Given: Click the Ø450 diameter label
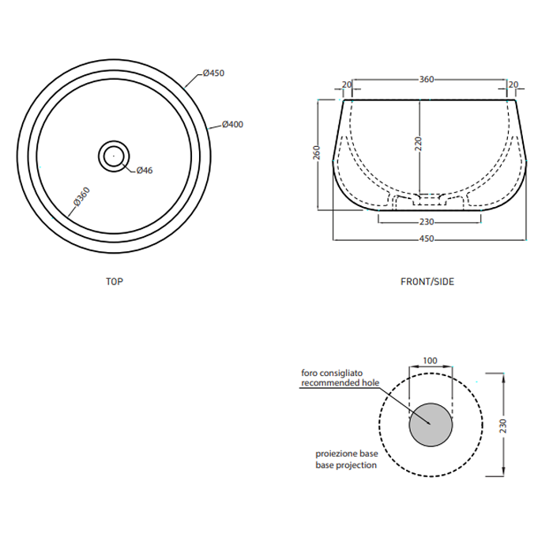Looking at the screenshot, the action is (x=214, y=73).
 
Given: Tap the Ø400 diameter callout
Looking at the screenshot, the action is (x=233, y=125).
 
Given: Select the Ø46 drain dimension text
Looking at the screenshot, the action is (x=145, y=171).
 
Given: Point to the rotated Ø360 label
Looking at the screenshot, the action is (x=82, y=197).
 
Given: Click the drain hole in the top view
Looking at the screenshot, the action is (x=114, y=156).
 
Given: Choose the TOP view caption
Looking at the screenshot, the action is (x=115, y=281).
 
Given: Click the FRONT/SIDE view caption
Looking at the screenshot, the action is (x=427, y=281).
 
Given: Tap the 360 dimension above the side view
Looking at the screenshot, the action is (x=427, y=79).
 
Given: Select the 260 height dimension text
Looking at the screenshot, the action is (x=317, y=152).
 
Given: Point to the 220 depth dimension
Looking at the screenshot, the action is (x=418, y=144).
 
